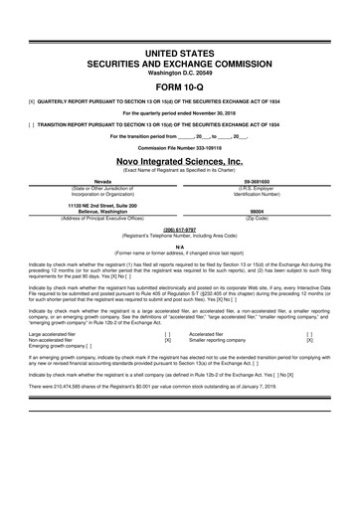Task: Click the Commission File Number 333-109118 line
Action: coord(179,147)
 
